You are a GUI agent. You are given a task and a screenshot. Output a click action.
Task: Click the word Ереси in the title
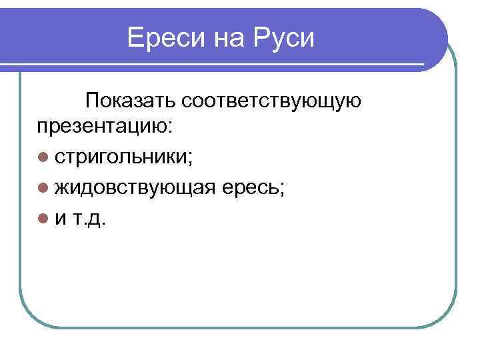[166, 38]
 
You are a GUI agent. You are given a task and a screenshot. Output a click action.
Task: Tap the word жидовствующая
[135, 188]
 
